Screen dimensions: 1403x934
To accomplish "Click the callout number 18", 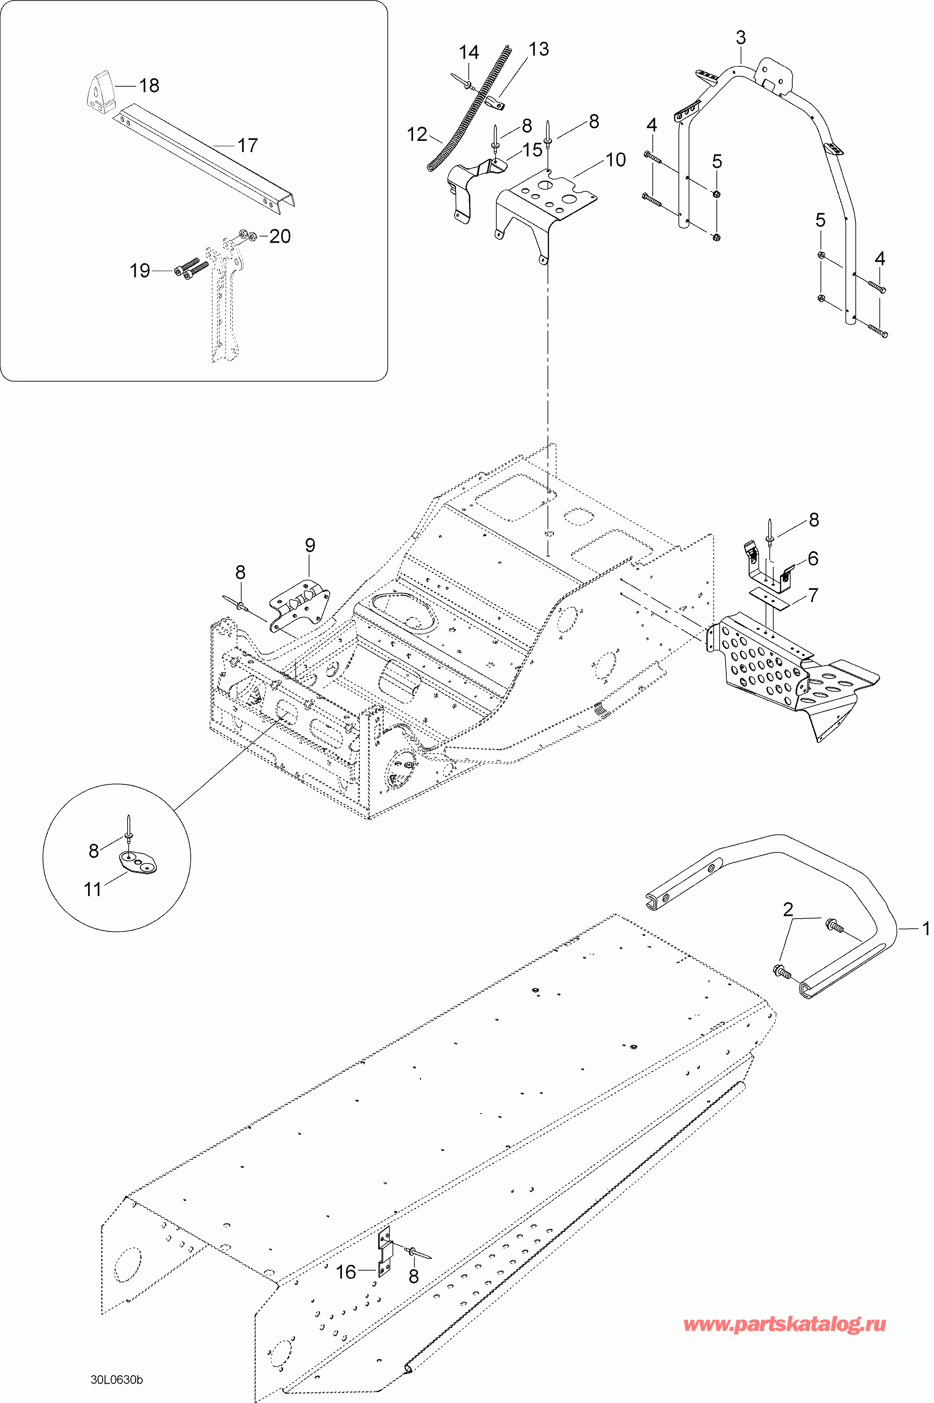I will click(x=149, y=86).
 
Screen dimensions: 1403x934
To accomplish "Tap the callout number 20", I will click(x=279, y=237).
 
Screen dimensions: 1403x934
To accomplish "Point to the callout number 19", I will click(x=140, y=271).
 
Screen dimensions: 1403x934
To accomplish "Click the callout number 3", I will click(x=740, y=38).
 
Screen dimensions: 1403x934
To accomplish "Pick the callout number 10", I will click(x=616, y=160).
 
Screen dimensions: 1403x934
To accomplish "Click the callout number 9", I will click(x=310, y=545).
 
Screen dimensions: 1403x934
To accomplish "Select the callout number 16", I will click(x=346, y=1272).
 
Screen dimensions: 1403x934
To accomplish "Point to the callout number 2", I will click(x=788, y=910).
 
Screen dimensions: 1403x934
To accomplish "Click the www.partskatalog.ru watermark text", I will click(x=785, y=1324).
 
